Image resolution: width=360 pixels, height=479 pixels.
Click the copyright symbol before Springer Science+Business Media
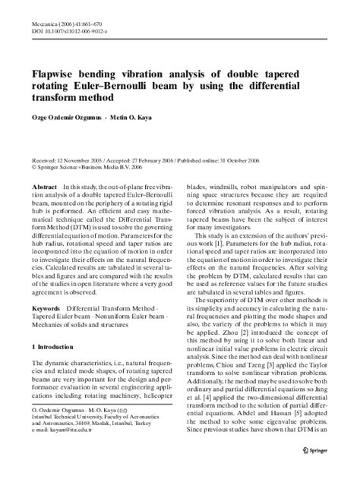[x=34, y=169]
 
